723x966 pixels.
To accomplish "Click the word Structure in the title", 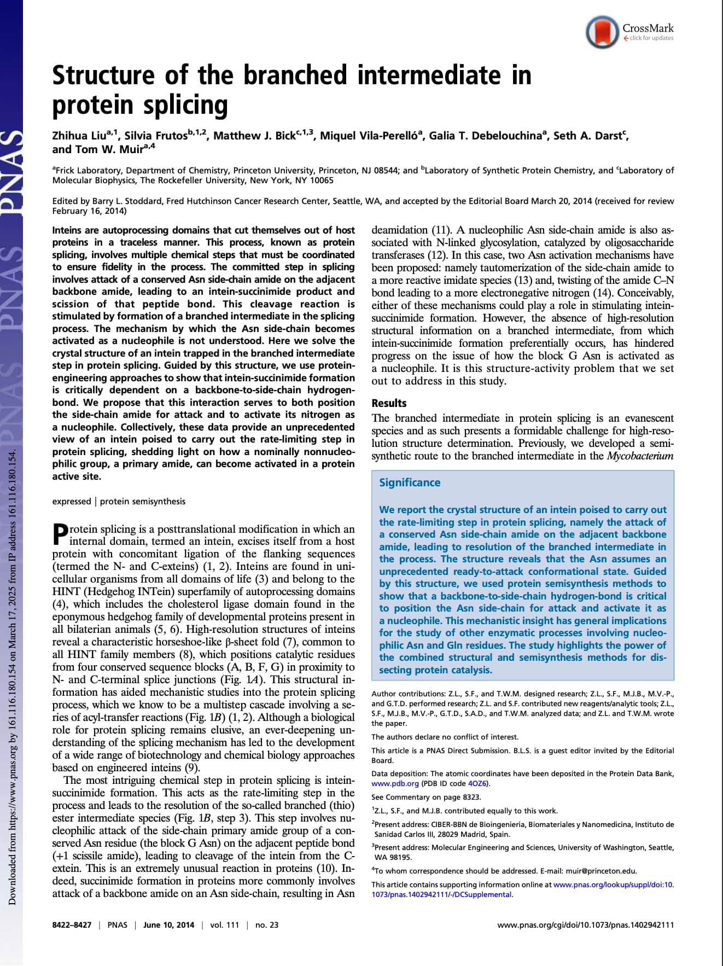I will (103, 75).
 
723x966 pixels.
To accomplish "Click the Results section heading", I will (389, 403).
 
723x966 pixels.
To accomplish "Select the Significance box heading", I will (410, 482).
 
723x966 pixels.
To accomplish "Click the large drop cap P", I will (60, 534).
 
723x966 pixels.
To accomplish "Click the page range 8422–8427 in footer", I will (72, 925).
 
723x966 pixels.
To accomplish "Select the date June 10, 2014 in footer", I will (168, 925).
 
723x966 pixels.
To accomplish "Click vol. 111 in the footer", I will (225, 925).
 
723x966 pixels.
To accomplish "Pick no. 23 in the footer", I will (267, 925).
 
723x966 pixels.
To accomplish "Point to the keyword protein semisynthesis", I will (143, 502).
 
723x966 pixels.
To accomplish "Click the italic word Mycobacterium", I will (640, 456).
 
